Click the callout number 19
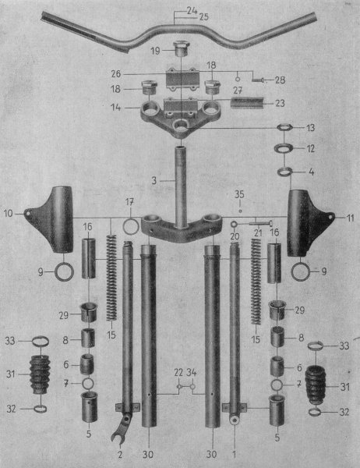pyautogui.click(x=155, y=51)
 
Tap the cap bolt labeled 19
pyautogui.click(x=182, y=48)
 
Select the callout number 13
pyautogui.click(x=310, y=128)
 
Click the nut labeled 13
pyautogui.click(x=284, y=127)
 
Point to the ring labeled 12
pyautogui.click(x=284, y=147)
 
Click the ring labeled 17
pyautogui.click(x=131, y=226)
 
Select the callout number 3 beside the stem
pyautogui.click(x=154, y=181)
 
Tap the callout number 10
pyautogui.click(x=8, y=214)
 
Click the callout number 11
pyautogui.click(x=349, y=218)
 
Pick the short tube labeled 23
pyautogui.click(x=247, y=103)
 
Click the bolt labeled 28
pyautogui.click(x=259, y=80)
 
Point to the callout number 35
pyautogui.click(x=239, y=194)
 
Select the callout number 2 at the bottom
pyautogui.click(x=119, y=455)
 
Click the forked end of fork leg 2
pyautogui.click(x=118, y=432)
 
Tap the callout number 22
pyautogui.click(x=178, y=372)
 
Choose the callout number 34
pyautogui.click(x=192, y=372)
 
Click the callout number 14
pyautogui.click(x=116, y=108)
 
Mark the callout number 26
pyautogui.click(x=116, y=74)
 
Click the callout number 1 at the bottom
pyautogui.click(x=234, y=455)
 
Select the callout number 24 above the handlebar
pyautogui.click(x=192, y=11)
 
